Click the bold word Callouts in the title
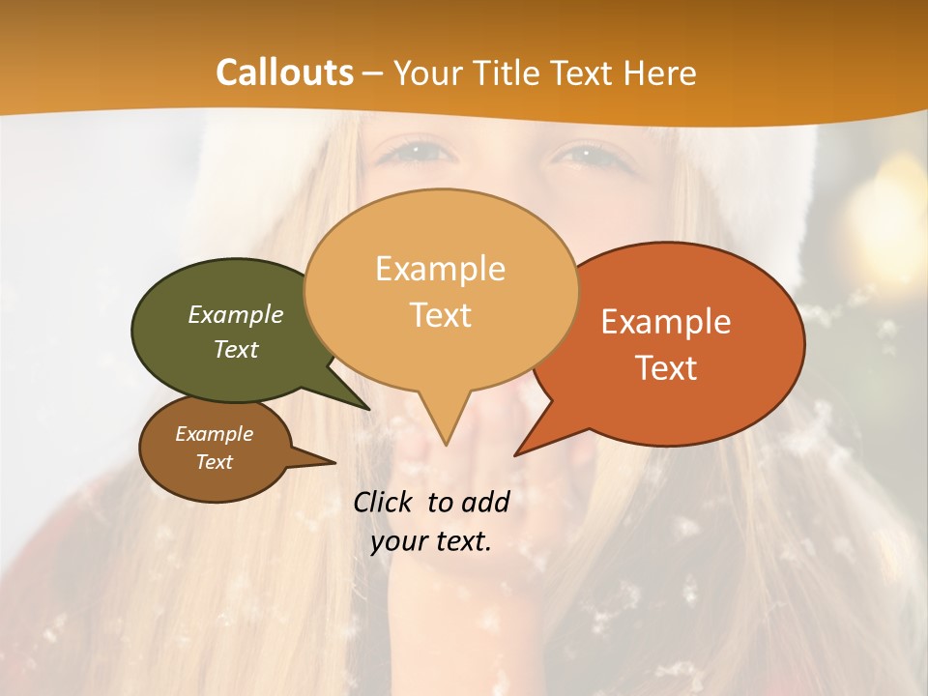pos(284,72)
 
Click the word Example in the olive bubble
pos(236,314)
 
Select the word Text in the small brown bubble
pos(215,462)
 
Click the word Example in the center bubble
pos(440,269)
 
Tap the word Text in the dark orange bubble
pos(667,367)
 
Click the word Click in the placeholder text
pos(385,502)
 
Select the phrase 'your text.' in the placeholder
pos(431,541)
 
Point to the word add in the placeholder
pos(484,502)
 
